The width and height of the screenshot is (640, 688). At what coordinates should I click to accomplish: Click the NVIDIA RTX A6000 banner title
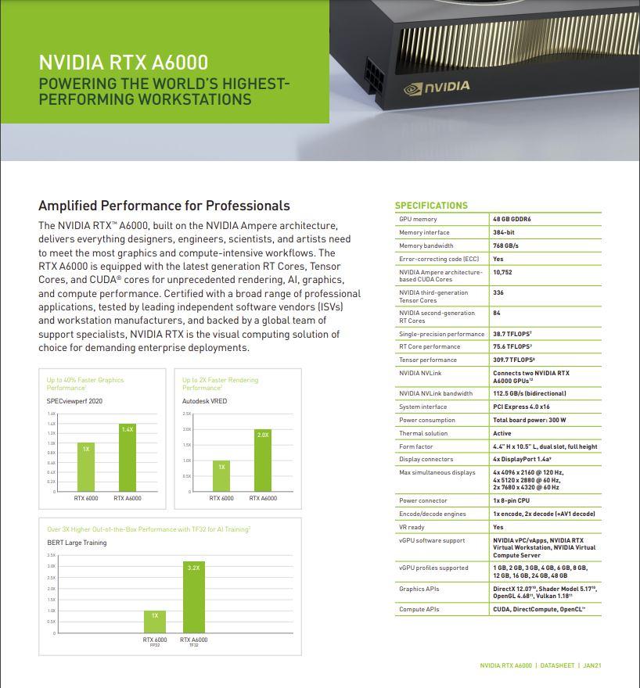124,63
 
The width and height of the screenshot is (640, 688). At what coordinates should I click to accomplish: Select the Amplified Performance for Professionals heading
164,206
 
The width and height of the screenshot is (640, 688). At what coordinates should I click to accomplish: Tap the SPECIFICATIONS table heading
431,206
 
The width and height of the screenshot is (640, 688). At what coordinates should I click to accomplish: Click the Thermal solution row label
423,433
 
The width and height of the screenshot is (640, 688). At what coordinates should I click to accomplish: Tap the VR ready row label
412,527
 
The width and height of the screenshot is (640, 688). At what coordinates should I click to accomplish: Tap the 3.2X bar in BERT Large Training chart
193,597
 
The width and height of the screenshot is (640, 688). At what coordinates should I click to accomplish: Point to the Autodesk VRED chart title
204,400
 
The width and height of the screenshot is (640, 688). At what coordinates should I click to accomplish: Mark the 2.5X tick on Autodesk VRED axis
187,414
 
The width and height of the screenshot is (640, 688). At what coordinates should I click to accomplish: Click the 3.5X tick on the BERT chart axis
52,554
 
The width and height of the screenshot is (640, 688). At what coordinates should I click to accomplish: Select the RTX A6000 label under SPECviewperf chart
128,498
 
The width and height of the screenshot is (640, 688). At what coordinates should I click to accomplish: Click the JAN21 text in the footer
591,665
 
